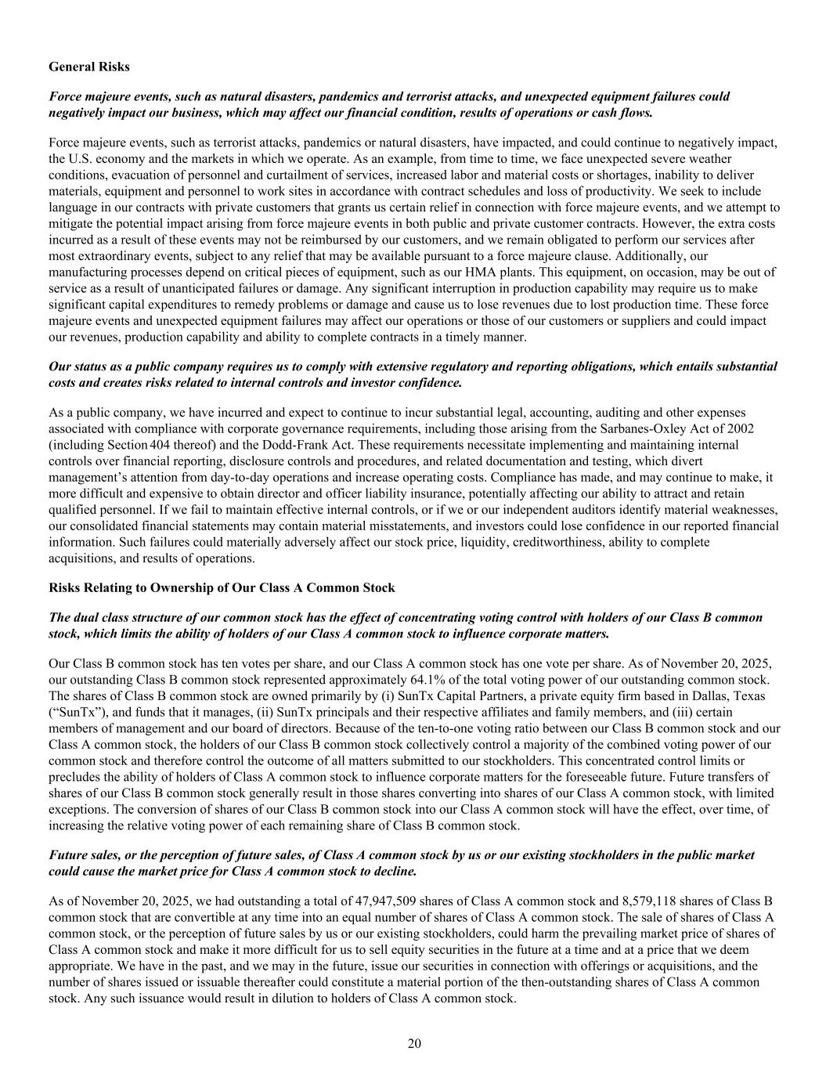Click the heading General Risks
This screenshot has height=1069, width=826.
[x=89, y=67]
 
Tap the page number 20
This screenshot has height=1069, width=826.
[x=414, y=1042]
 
